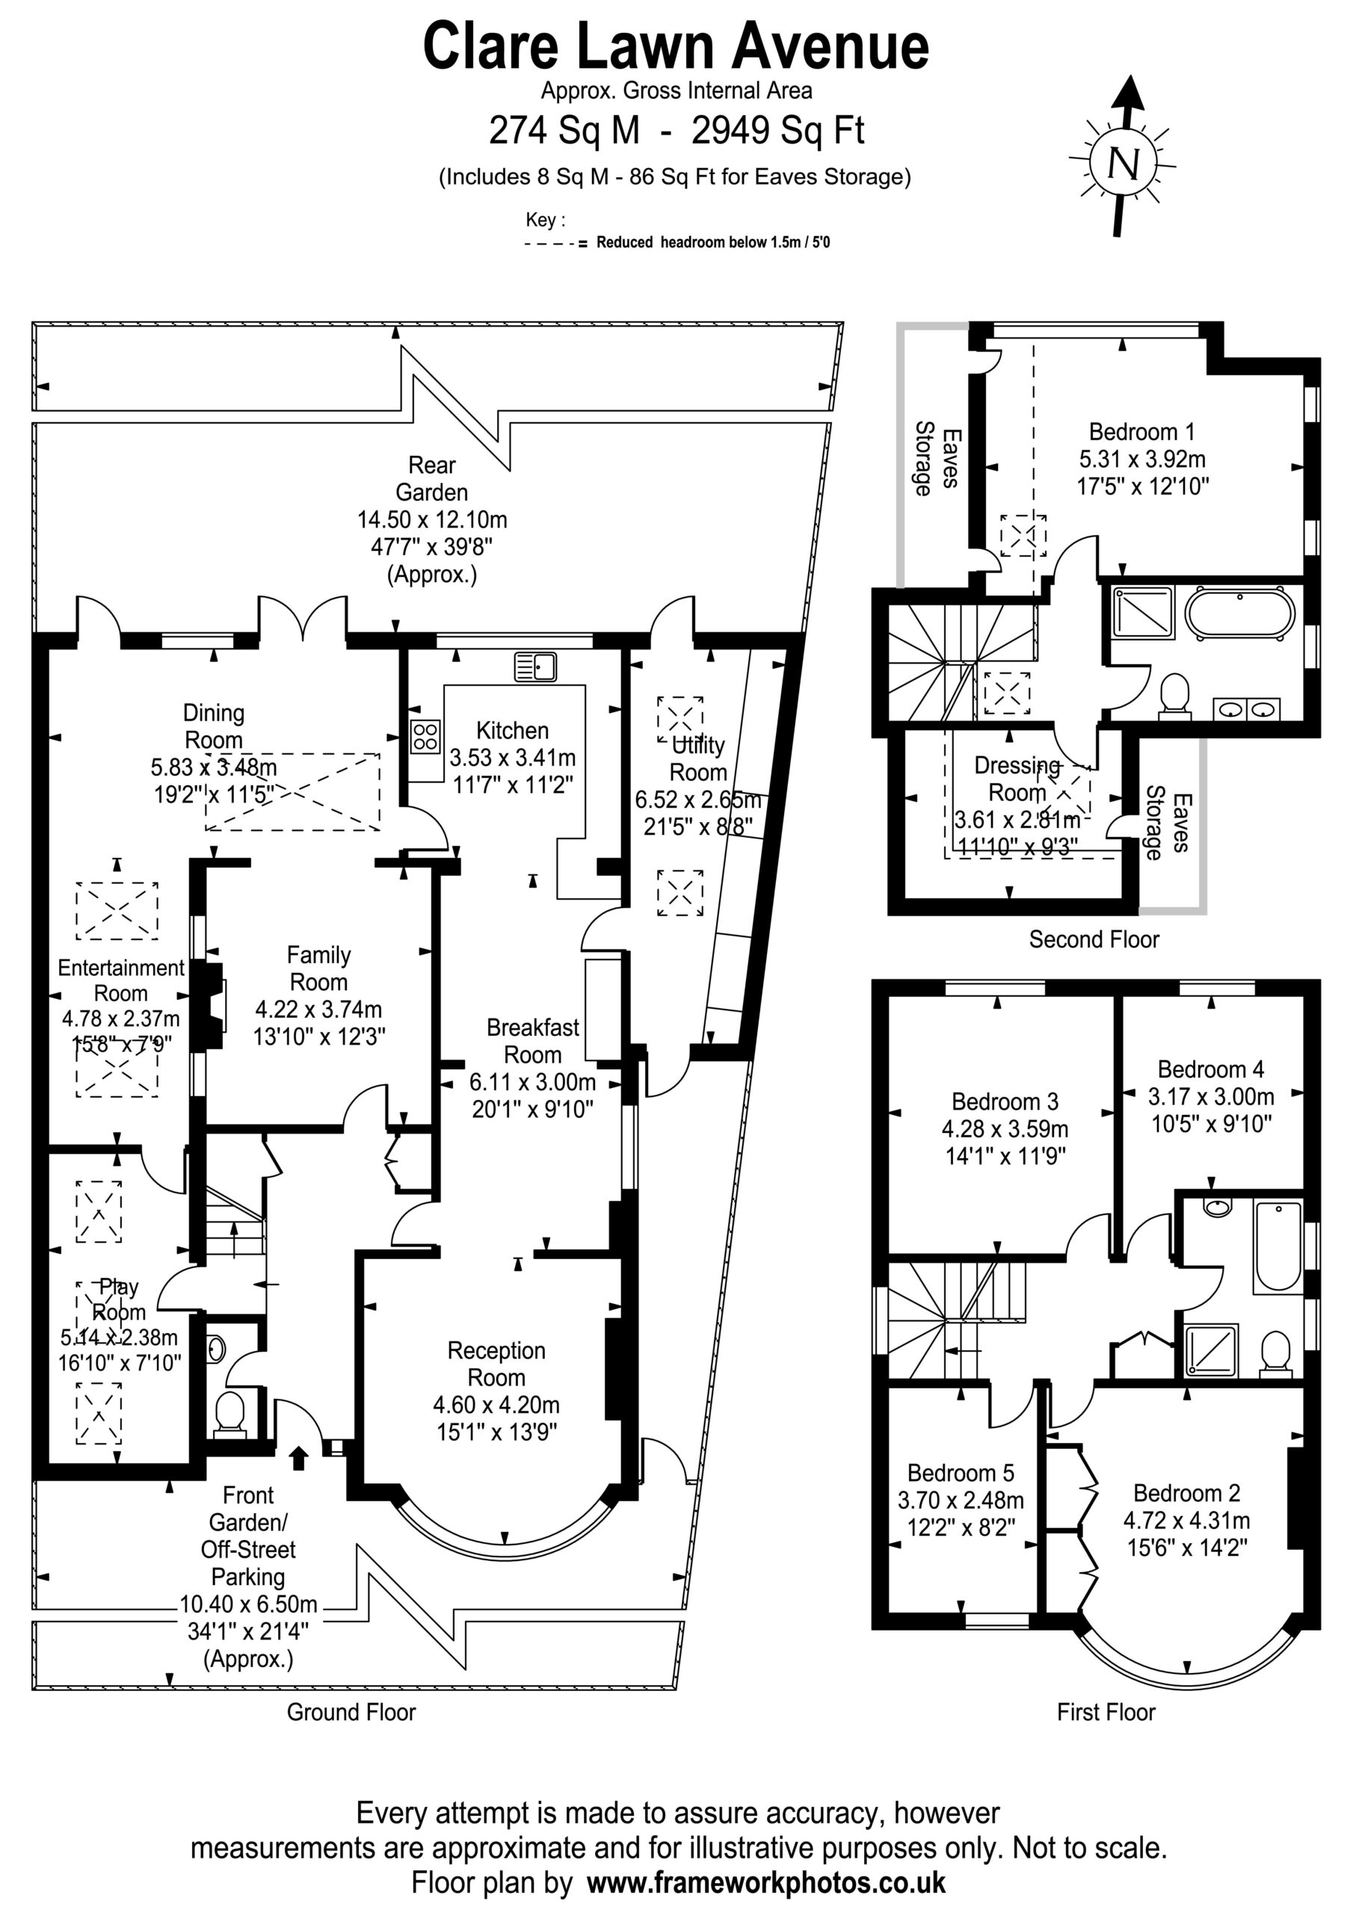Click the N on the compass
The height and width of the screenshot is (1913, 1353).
click(1123, 164)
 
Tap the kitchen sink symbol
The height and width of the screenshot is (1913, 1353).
click(535, 667)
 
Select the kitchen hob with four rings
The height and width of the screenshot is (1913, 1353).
click(425, 737)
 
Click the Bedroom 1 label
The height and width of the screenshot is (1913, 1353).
click(1141, 432)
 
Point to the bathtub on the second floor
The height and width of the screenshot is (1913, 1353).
click(1239, 614)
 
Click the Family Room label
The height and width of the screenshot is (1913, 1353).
click(318, 968)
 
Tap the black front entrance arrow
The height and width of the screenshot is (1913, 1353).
click(298, 1457)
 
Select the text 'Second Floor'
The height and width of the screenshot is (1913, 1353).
click(1094, 939)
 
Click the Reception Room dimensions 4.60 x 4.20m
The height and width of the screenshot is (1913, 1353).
click(496, 1405)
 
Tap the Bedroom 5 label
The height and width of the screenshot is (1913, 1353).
click(961, 1472)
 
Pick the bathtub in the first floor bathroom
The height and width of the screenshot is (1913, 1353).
click(1276, 1245)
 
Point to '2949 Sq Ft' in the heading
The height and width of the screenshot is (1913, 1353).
click(777, 130)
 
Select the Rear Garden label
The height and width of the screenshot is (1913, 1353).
click(432, 478)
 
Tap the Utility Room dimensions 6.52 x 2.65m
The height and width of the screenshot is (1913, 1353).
click(699, 799)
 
